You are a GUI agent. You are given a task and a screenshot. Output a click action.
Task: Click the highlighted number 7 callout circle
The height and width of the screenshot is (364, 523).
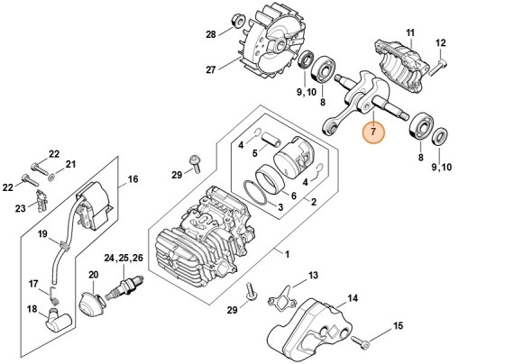click(x=373, y=132)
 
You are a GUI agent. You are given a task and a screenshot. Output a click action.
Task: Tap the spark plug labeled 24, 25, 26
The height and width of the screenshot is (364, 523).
click(x=124, y=287)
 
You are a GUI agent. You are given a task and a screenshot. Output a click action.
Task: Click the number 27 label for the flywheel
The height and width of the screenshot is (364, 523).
click(x=211, y=69)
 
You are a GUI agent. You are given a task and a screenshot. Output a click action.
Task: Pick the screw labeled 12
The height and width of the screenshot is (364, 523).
click(x=437, y=67)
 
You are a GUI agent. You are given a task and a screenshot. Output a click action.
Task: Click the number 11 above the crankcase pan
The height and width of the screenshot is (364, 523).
click(x=410, y=33)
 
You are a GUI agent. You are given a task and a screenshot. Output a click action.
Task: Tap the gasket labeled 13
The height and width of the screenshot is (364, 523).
click(x=282, y=297)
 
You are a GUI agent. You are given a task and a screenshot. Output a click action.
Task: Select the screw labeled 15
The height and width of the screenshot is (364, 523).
click(x=360, y=341)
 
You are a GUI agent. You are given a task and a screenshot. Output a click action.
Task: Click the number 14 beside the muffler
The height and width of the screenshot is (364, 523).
click(x=353, y=298)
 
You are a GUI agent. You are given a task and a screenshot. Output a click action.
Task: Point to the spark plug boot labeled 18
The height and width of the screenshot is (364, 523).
click(x=59, y=319)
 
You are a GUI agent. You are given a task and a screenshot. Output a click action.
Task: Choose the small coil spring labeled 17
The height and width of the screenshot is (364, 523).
click(x=54, y=295)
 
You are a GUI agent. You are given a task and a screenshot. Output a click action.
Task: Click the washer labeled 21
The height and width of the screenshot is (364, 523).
click(x=51, y=177)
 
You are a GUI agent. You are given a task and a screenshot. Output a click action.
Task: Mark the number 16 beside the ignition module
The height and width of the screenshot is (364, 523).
click(x=133, y=179)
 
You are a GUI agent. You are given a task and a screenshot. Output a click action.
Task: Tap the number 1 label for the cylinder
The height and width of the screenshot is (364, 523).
click(x=287, y=254)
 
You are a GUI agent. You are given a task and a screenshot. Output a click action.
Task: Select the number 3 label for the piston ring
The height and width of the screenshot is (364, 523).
click(x=280, y=207)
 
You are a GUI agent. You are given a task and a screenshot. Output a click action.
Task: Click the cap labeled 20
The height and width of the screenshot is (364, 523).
click(x=93, y=302)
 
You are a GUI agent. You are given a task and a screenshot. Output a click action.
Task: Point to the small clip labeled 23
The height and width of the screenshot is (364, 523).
click(x=41, y=201)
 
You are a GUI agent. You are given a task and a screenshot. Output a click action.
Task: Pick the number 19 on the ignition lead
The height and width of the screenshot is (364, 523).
click(x=42, y=234)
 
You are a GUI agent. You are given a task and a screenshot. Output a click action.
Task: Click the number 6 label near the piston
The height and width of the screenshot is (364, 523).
click(x=294, y=196)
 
